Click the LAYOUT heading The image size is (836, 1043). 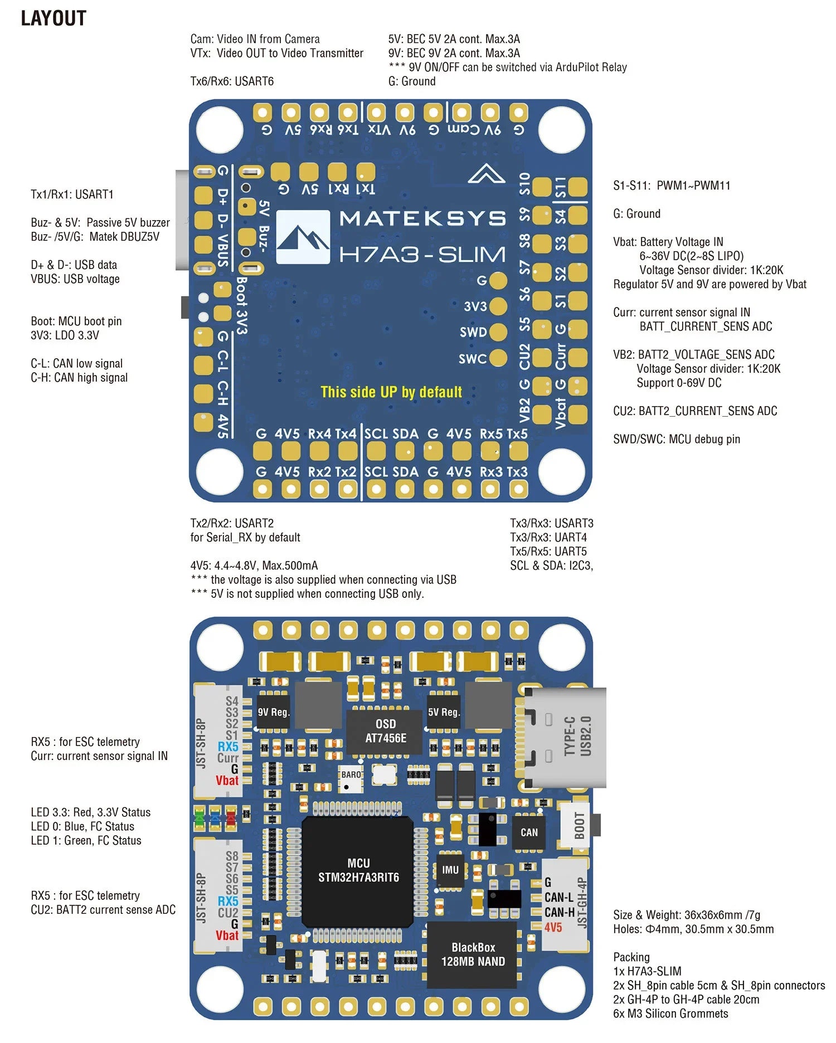pyautogui.click(x=54, y=18)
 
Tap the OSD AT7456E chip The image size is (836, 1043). pyautogui.click(x=385, y=731)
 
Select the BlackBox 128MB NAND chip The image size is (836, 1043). pyautogui.click(x=473, y=954)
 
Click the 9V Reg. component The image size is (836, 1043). pyautogui.click(x=273, y=712)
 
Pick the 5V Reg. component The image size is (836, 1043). pyautogui.click(x=443, y=712)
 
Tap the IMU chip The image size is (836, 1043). pyautogui.click(x=450, y=870)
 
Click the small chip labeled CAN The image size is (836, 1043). pyautogui.click(x=529, y=832)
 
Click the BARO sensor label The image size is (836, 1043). pyautogui.click(x=351, y=775)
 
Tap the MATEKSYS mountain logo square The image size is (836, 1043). pyautogui.click(x=303, y=237)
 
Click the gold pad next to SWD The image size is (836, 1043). pyautogui.click(x=498, y=332)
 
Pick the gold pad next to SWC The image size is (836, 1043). pyautogui.click(x=498, y=358)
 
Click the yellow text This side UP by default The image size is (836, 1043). pyautogui.click(x=391, y=392)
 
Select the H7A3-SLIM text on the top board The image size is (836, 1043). pyautogui.click(x=422, y=255)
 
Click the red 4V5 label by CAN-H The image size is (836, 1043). pyautogui.click(x=553, y=928)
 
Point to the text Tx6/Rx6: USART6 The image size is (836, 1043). pyautogui.click(x=232, y=81)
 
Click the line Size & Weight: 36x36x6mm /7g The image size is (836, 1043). pyautogui.click(x=686, y=915)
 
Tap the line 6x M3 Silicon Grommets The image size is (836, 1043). pyautogui.click(x=670, y=1013)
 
